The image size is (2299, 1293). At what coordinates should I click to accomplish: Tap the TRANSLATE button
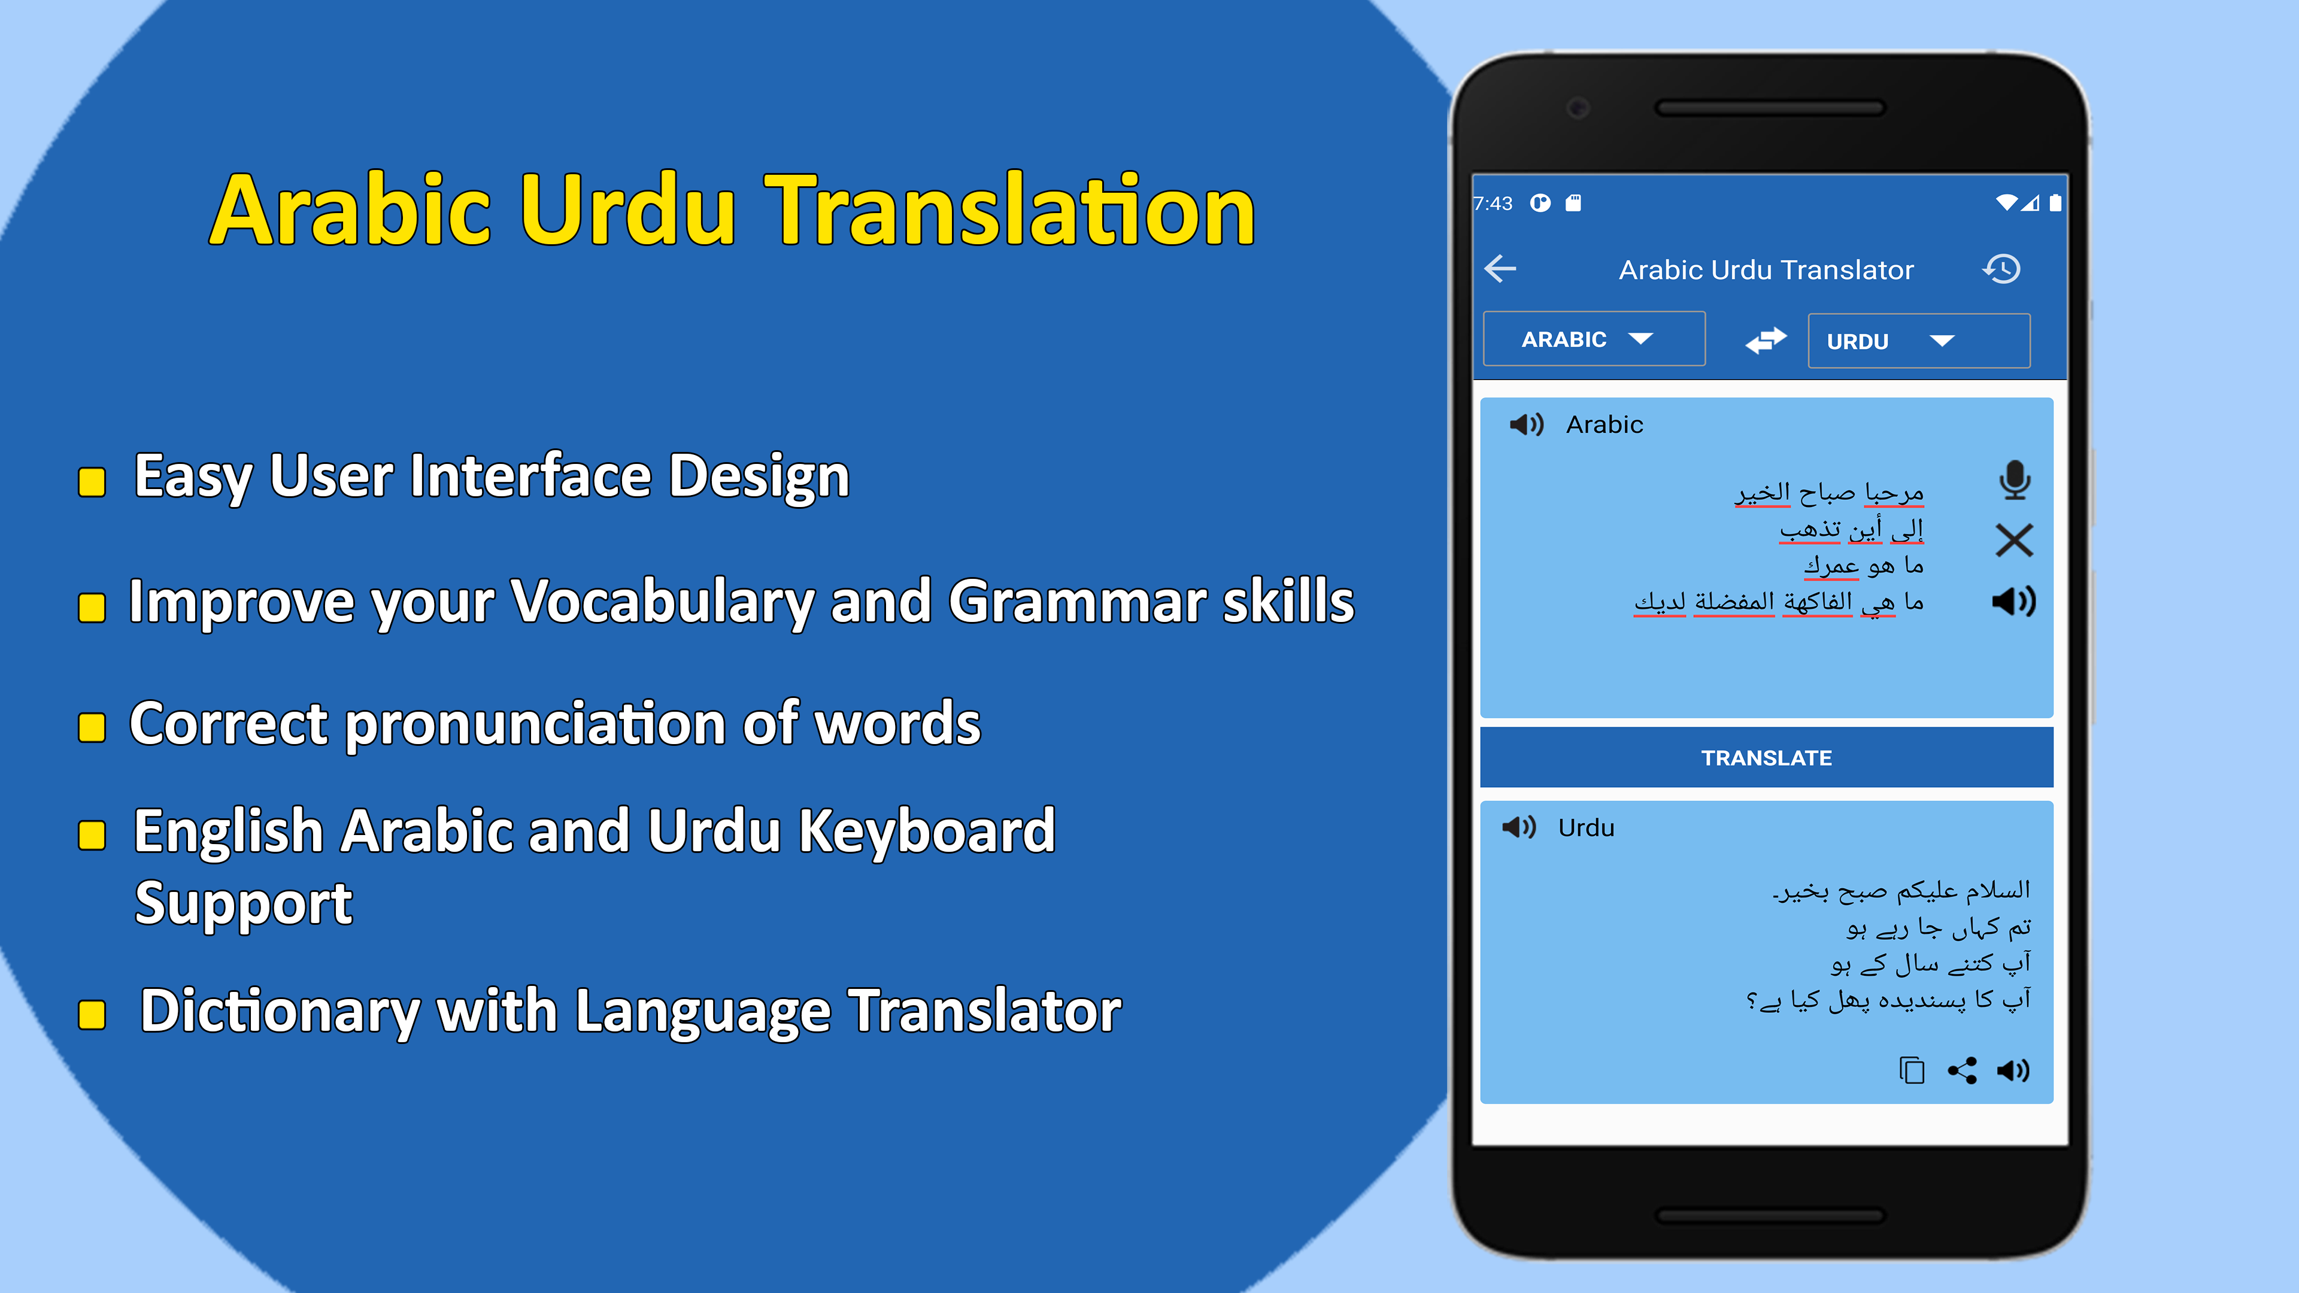click(x=1766, y=758)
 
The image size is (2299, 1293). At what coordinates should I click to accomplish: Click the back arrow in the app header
click(x=1500, y=269)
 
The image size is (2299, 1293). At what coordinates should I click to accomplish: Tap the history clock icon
click(x=2002, y=269)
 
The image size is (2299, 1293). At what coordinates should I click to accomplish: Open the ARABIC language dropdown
click(x=1594, y=339)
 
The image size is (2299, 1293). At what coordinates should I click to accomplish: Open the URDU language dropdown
click(x=1919, y=341)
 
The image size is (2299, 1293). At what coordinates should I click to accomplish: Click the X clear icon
click(x=2014, y=540)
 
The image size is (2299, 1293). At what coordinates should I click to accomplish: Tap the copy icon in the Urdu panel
click(x=1912, y=1070)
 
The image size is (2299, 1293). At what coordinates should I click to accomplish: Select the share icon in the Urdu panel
click(x=1963, y=1070)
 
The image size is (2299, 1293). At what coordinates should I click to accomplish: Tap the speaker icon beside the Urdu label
click(x=1519, y=827)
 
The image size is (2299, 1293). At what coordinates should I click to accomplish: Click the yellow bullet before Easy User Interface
click(x=92, y=482)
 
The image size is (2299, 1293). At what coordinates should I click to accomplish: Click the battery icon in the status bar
click(x=2055, y=202)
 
